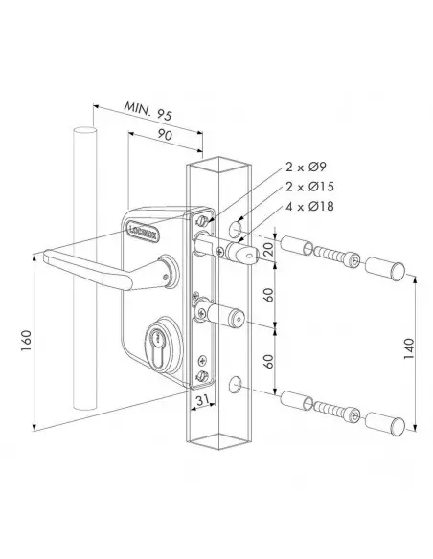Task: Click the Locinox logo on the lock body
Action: coord(137,228)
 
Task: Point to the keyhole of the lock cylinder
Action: coord(154,341)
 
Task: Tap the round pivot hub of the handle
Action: coord(169,270)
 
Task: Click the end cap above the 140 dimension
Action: coord(387,267)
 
